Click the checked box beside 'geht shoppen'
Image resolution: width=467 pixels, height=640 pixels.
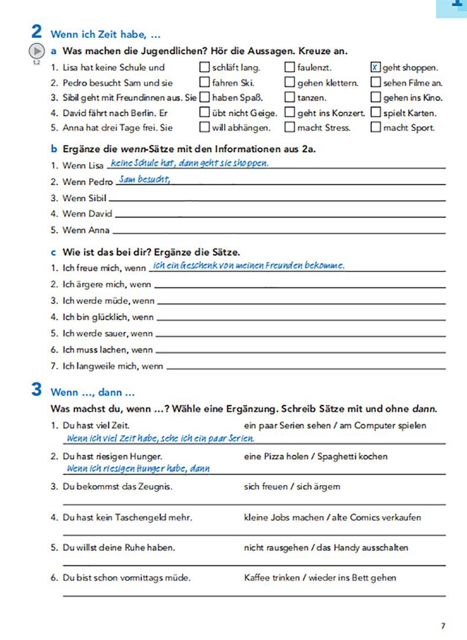[x=375, y=67]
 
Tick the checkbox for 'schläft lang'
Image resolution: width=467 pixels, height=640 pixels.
[x=205, y=67]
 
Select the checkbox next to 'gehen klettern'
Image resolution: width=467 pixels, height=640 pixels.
[x=290, y=83]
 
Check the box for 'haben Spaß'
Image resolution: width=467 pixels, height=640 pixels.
[x=205, y=98]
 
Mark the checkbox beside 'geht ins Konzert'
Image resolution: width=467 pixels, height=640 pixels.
[x=290, y=112]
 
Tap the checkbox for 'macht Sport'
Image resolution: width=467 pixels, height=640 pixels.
[x=375, y=127]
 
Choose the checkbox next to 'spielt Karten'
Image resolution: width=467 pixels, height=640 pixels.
[x=375, y=112]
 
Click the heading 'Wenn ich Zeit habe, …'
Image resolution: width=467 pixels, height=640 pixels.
[x=106, y=34]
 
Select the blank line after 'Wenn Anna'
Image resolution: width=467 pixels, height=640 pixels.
[x=278, y=231]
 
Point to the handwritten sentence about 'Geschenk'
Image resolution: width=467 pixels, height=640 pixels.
[x=248, y=266]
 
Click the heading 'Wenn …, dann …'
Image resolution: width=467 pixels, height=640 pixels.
[x=93, y=392]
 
